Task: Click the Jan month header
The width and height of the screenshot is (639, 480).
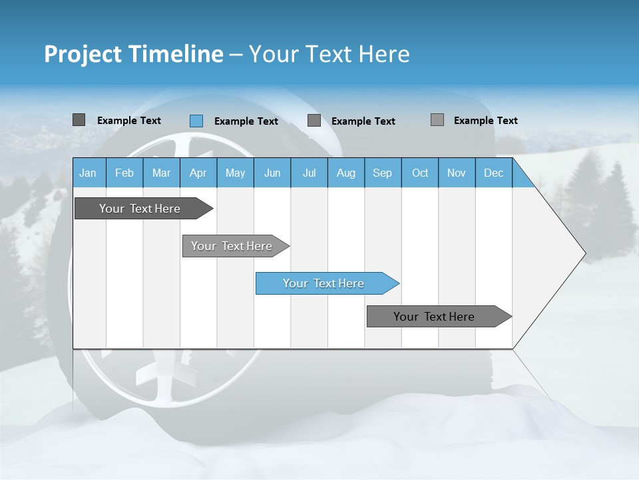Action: coord(88,173)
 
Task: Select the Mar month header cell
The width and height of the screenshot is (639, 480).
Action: coord(161,173)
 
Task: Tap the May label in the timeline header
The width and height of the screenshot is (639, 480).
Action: coord(235,173)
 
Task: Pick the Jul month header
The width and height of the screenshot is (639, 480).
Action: coord(309,173)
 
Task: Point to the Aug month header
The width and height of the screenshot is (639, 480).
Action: coord(345,173)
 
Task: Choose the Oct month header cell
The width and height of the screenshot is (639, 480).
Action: coord(420,173)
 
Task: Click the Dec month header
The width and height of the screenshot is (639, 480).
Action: coord(493,173)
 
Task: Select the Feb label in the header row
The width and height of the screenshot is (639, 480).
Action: coord(124,173)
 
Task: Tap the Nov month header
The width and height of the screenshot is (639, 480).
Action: coord(457,173)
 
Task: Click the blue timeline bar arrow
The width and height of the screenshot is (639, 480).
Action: coord(327,283)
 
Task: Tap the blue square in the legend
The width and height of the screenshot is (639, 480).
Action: coord(196,121)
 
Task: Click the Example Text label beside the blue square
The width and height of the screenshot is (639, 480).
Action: coord(246,121)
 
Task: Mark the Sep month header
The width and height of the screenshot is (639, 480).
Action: coord(382,173)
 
